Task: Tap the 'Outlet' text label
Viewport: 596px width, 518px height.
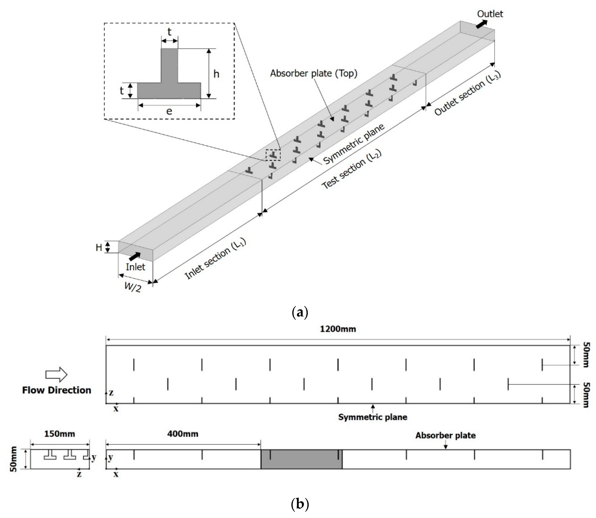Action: (x=490, y=14)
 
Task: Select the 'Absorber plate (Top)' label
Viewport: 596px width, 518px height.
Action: (x=313, y=73)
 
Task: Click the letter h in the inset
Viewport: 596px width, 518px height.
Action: (x=216, y=74)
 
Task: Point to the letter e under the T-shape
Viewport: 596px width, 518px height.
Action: (x=169, y=111)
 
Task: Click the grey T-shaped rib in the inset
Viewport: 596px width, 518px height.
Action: (x=169, y=84)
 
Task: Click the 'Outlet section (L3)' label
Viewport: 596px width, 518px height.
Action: (x=468, y=93)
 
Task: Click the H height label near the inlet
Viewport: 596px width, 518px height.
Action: (x=99, y=248)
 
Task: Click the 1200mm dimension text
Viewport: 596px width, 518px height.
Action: (x=338, y=329)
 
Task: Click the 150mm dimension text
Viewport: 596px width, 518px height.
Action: (x=59, y=434)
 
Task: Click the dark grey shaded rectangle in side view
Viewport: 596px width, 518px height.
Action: (x=301, y=459)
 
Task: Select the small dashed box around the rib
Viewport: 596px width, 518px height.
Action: (x=273, y=155)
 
